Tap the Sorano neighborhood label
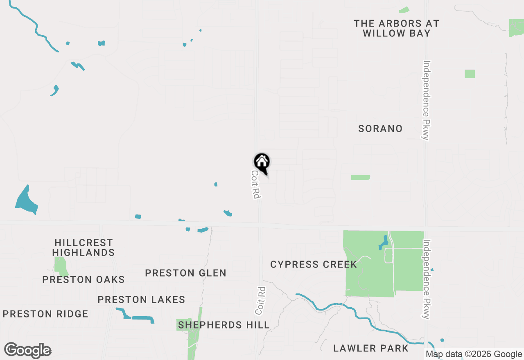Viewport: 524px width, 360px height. pyautogui.click(x=380, y=128)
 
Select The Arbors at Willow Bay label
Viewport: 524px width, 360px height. pyautogui.click(x=396, y=28)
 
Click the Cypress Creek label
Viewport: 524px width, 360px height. pyautogui.click(x=314, y=264)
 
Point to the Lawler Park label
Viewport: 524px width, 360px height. pyautogui.click(x=371, y=348)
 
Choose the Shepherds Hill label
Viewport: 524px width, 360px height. pyautogui.click(x=224, y=325)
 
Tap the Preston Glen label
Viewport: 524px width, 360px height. pyautogui.click(x=186, y=273)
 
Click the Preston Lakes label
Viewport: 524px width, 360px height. pyautogui.click(x=141, y=299)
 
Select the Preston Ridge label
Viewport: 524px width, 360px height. pyautogui.click(x=45, y=314)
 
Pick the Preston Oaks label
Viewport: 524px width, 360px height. pyautogui.click(x=84, y=279)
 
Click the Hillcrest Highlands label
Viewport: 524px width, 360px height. pyautogui.click(x=84, y=248)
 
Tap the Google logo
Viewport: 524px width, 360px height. pyautogui.click(x=28, y=351)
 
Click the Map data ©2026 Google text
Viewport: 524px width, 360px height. pyautogui.click(x=474, y=354)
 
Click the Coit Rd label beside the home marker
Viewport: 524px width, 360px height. pyautogui.click(x=256, y=184)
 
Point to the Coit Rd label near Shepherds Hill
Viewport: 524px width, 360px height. pyautogui.click(x=260, y=301)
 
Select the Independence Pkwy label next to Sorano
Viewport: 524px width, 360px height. pyautogui.click(x=427, y=100)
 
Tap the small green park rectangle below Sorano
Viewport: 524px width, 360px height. pyautogui.click(x=360, y=177)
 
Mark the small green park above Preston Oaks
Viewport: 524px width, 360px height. pyautogui.click(x=61, y=265)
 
